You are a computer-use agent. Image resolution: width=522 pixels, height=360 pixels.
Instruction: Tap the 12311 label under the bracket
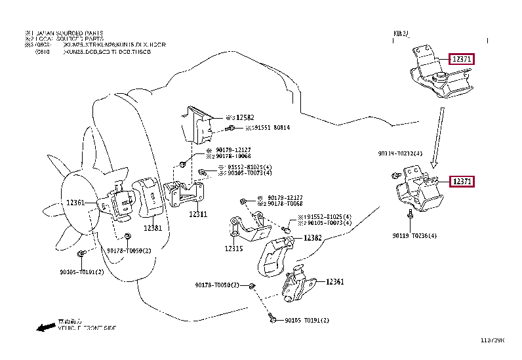[x=198, y=214]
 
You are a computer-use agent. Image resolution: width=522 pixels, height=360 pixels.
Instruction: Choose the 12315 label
[x=233, y=249]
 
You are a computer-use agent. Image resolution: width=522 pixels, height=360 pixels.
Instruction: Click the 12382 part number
[x=312, y=239]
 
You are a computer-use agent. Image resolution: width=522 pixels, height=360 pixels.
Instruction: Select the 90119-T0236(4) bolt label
[x=414, y=235]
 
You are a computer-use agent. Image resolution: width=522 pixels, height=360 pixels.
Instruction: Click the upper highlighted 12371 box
[x=462, y=59]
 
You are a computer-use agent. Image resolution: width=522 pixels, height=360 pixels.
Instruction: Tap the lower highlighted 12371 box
[x=462, y=182]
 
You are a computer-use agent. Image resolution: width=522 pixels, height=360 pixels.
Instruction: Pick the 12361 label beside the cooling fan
[x=75, y=203]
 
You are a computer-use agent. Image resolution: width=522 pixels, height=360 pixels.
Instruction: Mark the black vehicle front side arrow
[x=46, y=326]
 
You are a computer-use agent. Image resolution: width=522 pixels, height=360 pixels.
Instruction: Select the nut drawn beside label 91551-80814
[x=231, y=128]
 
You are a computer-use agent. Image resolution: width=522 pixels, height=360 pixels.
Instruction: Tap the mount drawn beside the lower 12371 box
[x=420, y=191]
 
